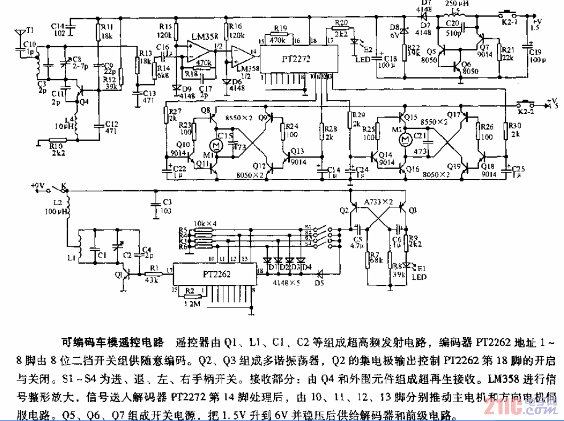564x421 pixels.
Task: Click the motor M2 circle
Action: point(405,138)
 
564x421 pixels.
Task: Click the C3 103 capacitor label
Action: point(166,206)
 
